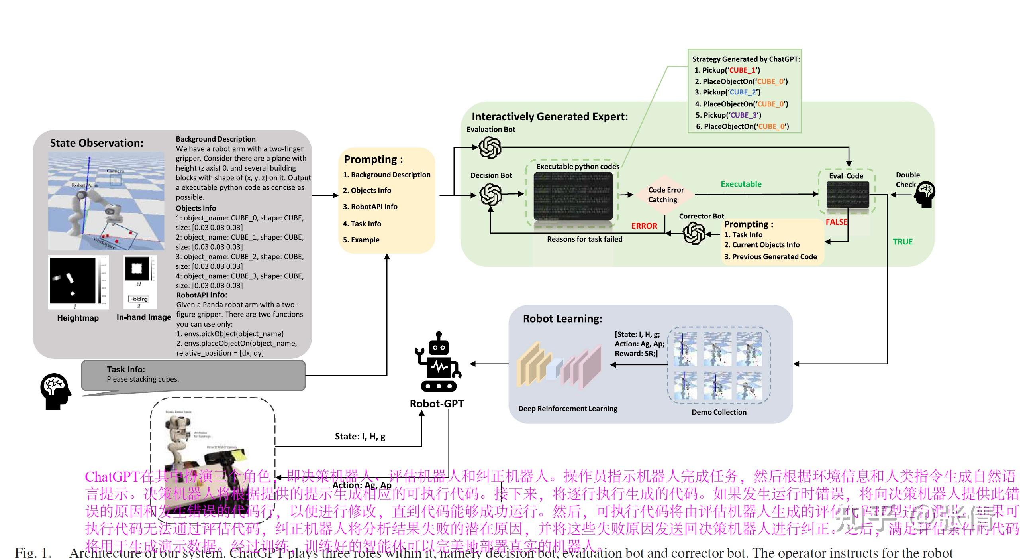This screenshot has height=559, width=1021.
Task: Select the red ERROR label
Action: (x=644, y=226)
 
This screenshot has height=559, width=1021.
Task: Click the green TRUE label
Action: (x=902, y=242)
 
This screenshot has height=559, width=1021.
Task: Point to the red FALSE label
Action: (x=836, y=222)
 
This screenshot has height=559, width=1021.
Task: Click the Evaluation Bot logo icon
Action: (x=490, y=147)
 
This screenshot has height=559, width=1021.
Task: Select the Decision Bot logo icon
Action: (x=490, y=194)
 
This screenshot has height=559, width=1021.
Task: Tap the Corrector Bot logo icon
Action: (x=694, y=233)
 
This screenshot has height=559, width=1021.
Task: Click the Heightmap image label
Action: (x=78, y=318)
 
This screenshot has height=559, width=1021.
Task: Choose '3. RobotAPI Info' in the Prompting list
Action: (x=370, y=207)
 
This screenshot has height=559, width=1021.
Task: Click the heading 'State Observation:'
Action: (x=96, y=143)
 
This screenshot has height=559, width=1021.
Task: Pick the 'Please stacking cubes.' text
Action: (x=143, y=379)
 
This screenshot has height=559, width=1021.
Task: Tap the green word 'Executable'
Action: (x=741, y=184)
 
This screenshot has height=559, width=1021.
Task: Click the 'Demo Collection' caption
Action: (x=719, y=412)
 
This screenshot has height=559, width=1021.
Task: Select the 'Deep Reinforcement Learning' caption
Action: (x=568, y=409)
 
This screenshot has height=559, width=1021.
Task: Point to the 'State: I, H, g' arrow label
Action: (x=360, y=437)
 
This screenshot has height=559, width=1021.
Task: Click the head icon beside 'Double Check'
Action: (x=925, y=195)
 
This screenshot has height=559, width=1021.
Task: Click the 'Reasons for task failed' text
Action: (x=584, y=239)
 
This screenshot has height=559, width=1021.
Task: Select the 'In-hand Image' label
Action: (x=144, y=317)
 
